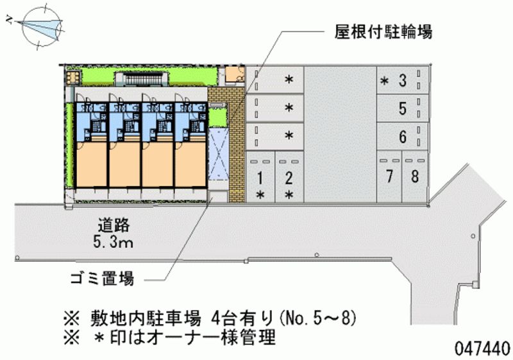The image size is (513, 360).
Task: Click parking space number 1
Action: coord(260,176)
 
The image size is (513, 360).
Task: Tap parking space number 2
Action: coord(289,176)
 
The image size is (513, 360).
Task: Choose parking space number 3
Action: coord(402,80)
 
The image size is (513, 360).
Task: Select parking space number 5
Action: coord(402,109)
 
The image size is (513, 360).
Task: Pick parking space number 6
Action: coord(402,137)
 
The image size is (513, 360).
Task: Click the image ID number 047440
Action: coord(482,347)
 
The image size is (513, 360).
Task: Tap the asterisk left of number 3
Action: coord(384,81)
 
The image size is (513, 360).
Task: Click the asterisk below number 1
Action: coord(260,194)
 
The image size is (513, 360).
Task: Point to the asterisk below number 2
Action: coord(289,194)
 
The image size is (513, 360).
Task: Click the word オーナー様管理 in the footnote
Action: coord(224,337)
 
